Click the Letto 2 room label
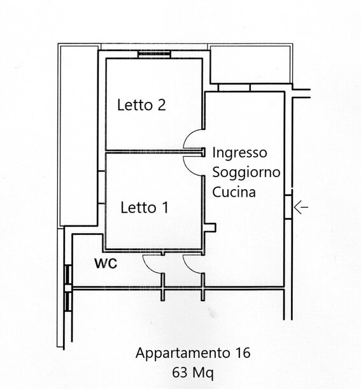pyautogui.click(x=141, y=104)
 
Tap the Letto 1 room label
pyautogui.click(x=145, y=208)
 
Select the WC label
pyautogui.click(x=106, y=264)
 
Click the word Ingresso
pyautogui.click(x=239, y=153)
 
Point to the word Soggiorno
pyautogui.click(x=246, y=173)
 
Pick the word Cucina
pyautogui.click(x=234, y=192)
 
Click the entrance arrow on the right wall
pyautogui.click(x=301, y=207)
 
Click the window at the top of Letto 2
pyautogui.click(x=154, y=54)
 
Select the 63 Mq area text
pyautogui.click(x=193, y=372)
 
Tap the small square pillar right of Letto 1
pyautogui.click(x=210, y=227)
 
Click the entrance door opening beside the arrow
pyautogui.click(x=288, y=207)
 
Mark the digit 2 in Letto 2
pyautogui.click(x=161, y=104)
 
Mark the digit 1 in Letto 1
pyautogui.click(x=166, y=208)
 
